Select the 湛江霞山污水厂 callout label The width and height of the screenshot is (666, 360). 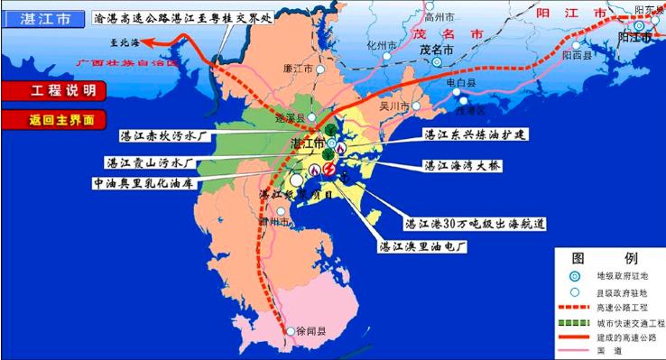click(x=153, y=163)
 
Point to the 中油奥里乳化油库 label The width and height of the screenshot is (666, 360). click(x=147, y=181)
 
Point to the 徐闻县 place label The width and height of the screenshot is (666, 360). click(x=312, y=331)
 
